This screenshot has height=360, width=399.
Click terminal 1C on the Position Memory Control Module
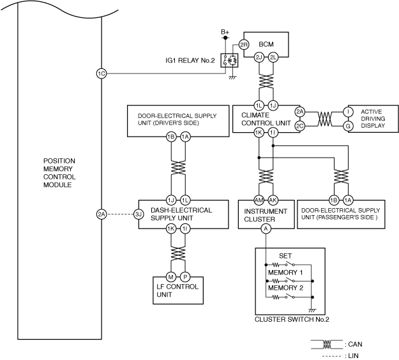(101, 73)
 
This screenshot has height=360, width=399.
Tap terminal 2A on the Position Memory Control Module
(101, 214)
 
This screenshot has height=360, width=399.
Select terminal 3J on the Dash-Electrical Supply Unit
(138, 214)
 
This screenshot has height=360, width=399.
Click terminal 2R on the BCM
(244, 44)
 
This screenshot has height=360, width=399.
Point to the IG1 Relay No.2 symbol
(229, 60)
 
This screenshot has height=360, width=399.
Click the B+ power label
(225, 31)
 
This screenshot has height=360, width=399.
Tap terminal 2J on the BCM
(259, 57)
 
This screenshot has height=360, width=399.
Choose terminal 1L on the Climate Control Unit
(259, 105)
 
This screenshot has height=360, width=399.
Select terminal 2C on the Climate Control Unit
(300, 126)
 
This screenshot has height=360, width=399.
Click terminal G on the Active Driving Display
(348, 126)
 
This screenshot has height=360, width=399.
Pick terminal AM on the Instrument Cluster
(259, 199)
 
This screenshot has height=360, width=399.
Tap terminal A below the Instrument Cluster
(266, 228)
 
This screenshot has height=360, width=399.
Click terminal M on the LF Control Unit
(171, 276)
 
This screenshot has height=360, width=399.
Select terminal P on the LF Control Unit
(185, 276)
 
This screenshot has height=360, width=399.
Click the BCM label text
(266, 45)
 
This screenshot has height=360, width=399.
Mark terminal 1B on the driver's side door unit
(171, 137)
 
